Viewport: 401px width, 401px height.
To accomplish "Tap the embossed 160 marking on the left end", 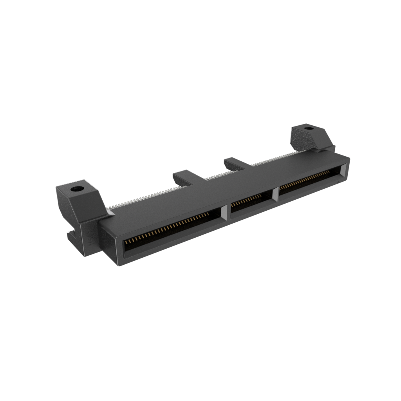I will pos(89,237).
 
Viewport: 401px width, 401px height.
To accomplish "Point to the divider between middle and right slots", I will pos(276,193).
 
